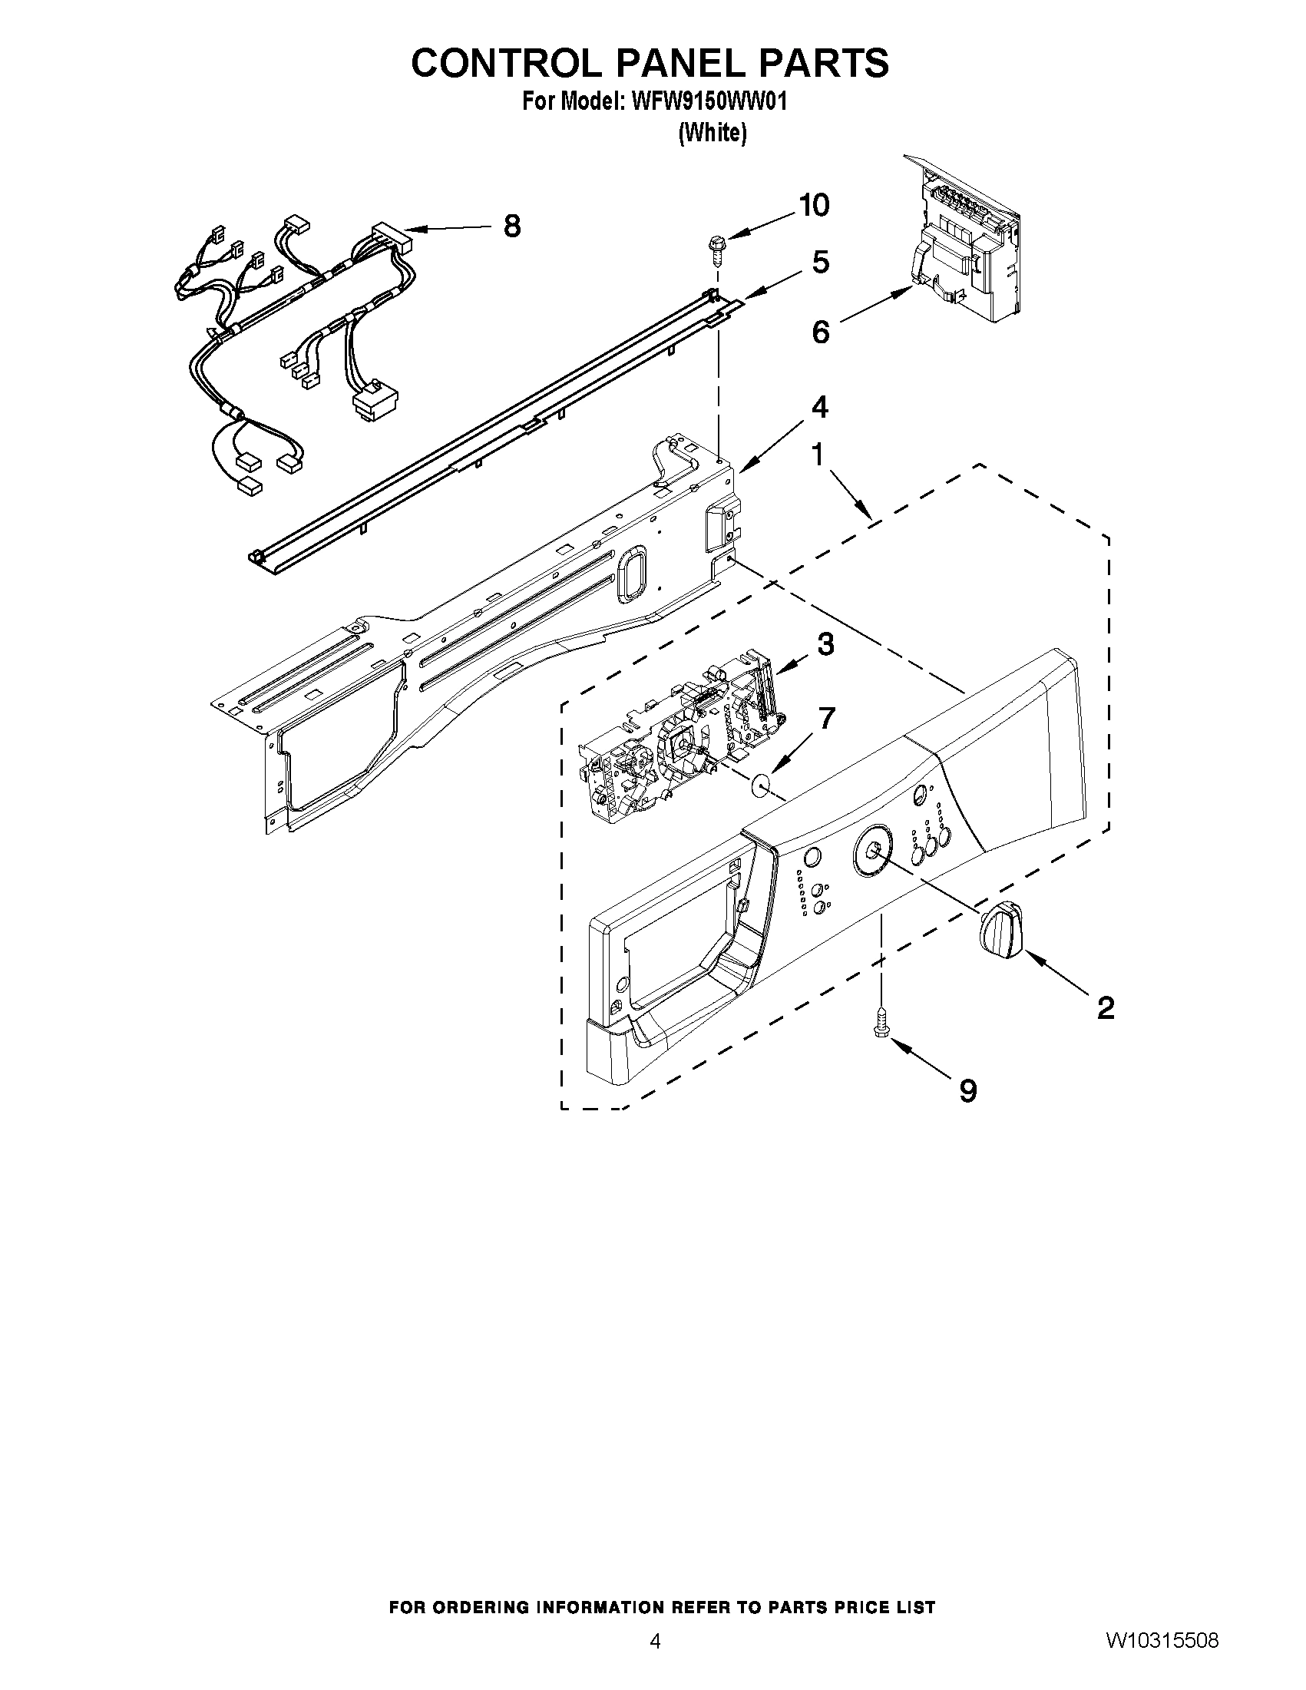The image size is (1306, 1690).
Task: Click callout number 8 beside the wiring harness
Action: click(511, 227)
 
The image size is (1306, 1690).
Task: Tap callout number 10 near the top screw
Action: click(814, 205)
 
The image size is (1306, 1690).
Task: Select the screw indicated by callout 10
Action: click(716, 253)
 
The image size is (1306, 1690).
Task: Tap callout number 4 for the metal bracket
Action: click(819, 406)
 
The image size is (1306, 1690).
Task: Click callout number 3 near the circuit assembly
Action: click(825, 643)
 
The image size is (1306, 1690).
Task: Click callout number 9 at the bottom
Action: click(968, 1090)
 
